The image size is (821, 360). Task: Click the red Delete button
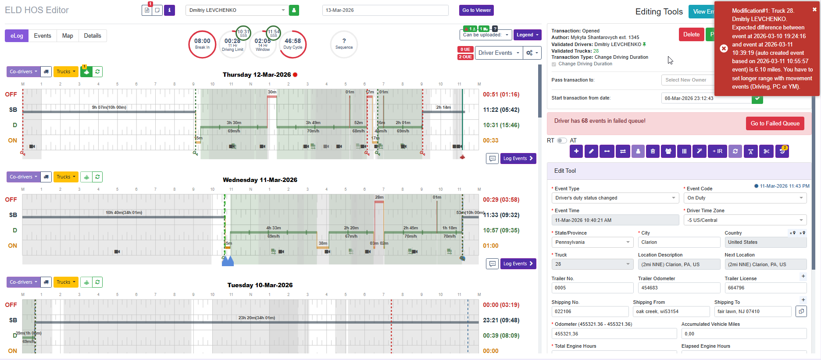click(691, 35)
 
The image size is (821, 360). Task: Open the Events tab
click(43, 36)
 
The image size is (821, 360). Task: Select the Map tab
click(68, 36)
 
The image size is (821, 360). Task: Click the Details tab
click(93, 36)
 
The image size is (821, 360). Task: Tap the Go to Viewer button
click(476, 10)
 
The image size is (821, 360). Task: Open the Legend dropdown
click(527, 35)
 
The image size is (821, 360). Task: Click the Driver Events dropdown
click(499, 53)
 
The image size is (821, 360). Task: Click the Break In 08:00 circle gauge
click(202, 44)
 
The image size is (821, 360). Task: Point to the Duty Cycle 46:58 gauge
click(293, 44)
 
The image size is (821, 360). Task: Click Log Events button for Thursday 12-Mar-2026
click(518, 158)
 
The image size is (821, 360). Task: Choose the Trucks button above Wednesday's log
click(66, 177)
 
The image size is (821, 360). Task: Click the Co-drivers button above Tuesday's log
click(23, 282)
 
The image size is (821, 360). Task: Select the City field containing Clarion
click(678, 242)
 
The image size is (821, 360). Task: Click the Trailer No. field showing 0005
click(592, 288)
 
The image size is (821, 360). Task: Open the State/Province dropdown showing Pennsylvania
click(592, 242)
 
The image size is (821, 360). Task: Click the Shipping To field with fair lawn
click(752, 311)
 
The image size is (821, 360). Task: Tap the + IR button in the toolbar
click(717, 151)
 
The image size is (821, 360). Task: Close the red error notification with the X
click(814, 9)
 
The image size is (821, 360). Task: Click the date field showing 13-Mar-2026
click(385, 10)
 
